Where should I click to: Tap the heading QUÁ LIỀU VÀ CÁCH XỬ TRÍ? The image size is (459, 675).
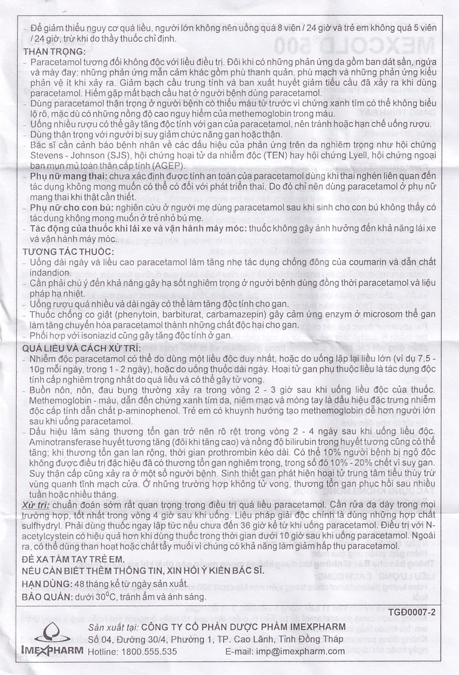[x=81, y=348]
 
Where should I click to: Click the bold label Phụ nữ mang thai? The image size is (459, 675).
[x=68, y=177]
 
